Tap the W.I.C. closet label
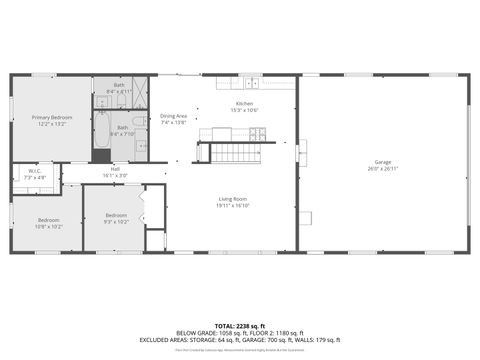pyautogui.click(x=34, y=171)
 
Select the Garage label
pyautogui.click(x=383, y=161)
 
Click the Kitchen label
pyautogui.click(x=245, y=104)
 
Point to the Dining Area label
pyautogui.click(x=173, y=116)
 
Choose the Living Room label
pyautogui.click(x=233, y=199)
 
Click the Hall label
pyautogui.click(x=115, y=169)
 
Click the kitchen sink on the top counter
pyautogui.click(x=253, y=83)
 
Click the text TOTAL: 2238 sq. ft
pyautogui.click(x=240, y=326)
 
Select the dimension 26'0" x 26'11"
pyautogui.click(x=383, y=168)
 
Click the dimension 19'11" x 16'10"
pyautogui.click(x=233, y=206)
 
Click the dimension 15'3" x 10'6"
pyautogui.click(x=245, y=110)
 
